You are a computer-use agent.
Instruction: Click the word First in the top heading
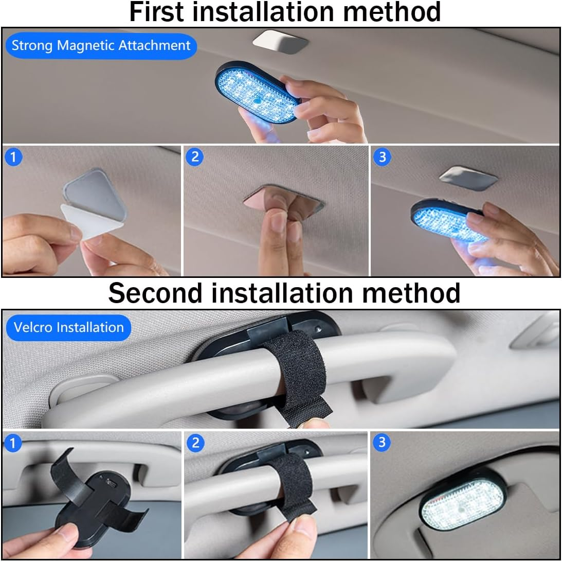point(159,12)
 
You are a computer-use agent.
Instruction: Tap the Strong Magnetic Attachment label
point(101,45)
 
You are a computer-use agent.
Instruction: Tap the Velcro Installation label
point(68,327)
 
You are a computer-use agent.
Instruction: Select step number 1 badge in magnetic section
point(13,157)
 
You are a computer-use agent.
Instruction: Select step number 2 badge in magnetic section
point(194,157)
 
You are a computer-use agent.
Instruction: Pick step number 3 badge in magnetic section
point(382,157)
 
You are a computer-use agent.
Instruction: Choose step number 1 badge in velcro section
point(13,443)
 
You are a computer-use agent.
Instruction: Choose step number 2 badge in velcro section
point(194,443)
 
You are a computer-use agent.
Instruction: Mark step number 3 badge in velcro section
point(382,443)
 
